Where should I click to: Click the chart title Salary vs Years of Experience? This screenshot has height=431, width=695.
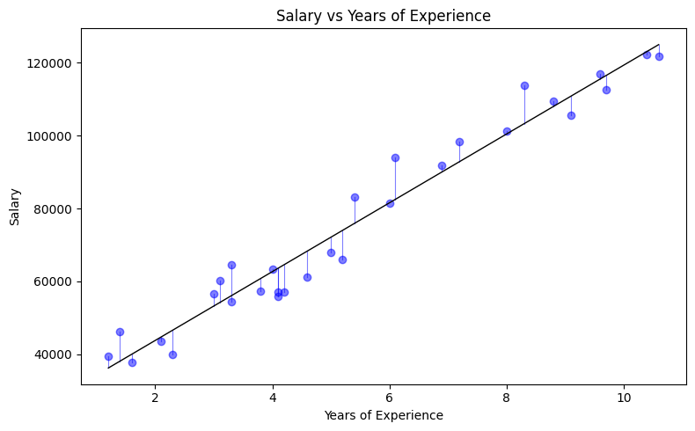383,16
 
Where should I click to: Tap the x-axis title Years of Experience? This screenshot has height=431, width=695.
383,414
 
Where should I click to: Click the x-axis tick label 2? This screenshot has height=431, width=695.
155,397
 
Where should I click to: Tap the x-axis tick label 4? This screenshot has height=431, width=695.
273,397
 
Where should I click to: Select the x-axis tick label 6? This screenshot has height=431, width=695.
390,397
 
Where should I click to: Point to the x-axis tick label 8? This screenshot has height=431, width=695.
507,397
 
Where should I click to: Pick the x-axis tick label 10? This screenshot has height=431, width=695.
624,397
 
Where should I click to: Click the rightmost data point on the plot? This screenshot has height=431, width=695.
659,56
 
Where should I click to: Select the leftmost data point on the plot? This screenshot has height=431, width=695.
108,356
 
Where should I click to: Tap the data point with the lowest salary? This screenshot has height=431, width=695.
132,362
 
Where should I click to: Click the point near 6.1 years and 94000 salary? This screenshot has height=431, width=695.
395,157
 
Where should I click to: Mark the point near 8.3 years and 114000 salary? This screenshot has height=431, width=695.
524,85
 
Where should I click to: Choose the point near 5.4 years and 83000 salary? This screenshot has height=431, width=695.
355,197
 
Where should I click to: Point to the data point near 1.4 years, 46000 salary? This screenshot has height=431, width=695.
120,332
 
